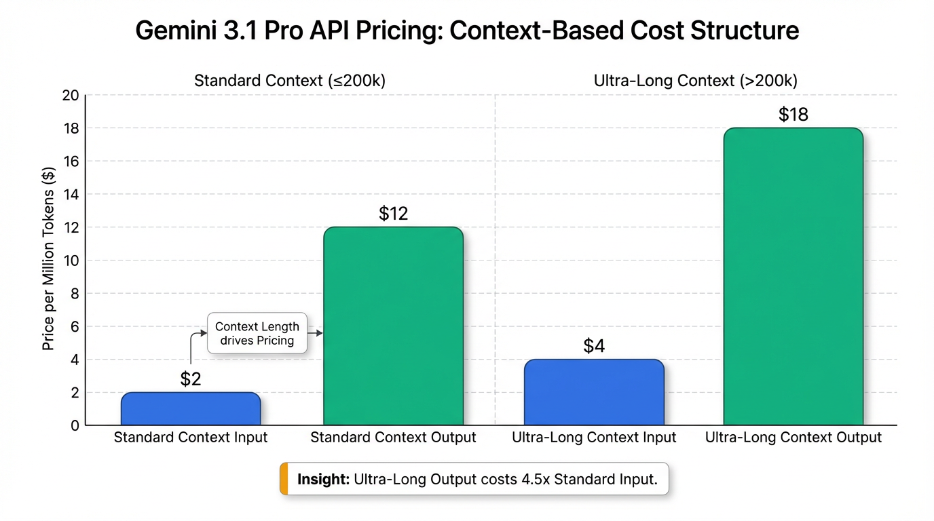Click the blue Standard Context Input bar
pos(191,408)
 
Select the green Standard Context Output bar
pos(393,326)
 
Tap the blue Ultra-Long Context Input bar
pos(594,392)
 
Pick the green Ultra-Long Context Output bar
pos(793,276)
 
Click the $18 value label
pos(793,114)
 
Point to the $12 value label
pos(393,214)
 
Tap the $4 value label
pos(594,345)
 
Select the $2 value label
pos(191,379)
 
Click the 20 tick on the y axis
pos(71,96)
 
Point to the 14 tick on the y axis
pos(71,194)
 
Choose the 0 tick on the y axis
pos(75,425)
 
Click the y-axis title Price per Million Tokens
pos(48,259)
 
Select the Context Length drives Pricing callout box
pos(257,333)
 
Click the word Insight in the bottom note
pos(323,479)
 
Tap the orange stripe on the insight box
pos(284,478)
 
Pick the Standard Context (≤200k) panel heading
pos(290,81)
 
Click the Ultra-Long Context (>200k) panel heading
pos(696,81)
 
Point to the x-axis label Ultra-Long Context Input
pos(594,438)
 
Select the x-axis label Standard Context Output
pos(393,438)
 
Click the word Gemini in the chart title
pos(176,31)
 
